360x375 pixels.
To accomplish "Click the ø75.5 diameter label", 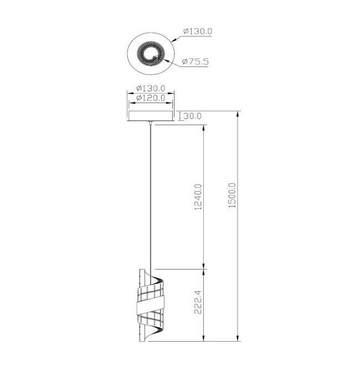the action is coord(195,61).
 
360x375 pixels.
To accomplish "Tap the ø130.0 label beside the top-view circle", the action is coord(198,31).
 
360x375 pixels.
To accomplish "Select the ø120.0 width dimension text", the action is coord(151,98).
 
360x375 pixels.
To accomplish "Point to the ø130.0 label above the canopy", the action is coord(151,88).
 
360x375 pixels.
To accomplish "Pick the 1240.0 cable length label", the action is coord(198,197).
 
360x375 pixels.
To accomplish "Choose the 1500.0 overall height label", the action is coord(232,195).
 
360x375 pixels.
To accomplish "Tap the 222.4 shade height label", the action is coord(198,302).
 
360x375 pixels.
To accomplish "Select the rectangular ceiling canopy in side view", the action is coord(151,116).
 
